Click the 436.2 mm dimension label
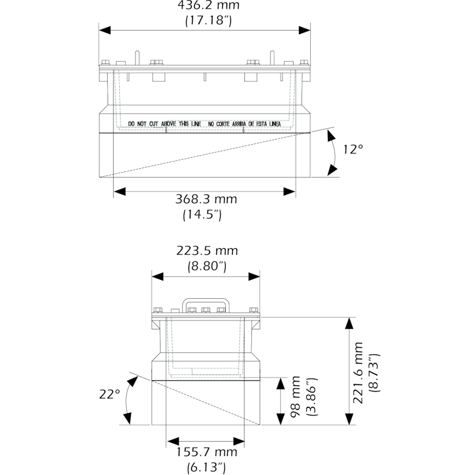tap(208, 5)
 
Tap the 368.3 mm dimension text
tap(206, 199)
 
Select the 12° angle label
tap(353, 149)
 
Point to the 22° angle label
tap(110, 394)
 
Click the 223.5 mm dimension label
tap(207, 251)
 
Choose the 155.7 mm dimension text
tap(206, 452)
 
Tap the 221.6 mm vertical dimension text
tap(358, 373)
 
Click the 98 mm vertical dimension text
tap(295, 397)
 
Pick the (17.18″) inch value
tap(208, 21)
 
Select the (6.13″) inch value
tap(206, 468)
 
